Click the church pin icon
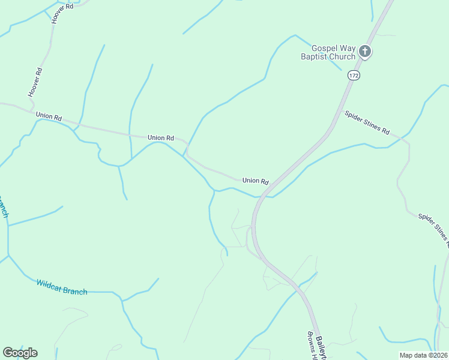click(x=365, y=52)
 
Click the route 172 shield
click(x=354, y=76)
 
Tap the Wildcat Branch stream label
click(x=61, y=287)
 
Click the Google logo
click(x=20, y=352)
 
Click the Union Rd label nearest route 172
click(x=255, y=181)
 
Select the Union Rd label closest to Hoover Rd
click(x=49, y=116)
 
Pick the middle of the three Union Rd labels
click(x=161, y=138)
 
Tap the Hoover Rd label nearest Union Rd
click(x=35, y=82)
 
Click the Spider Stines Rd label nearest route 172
click(x=367, y=122)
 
